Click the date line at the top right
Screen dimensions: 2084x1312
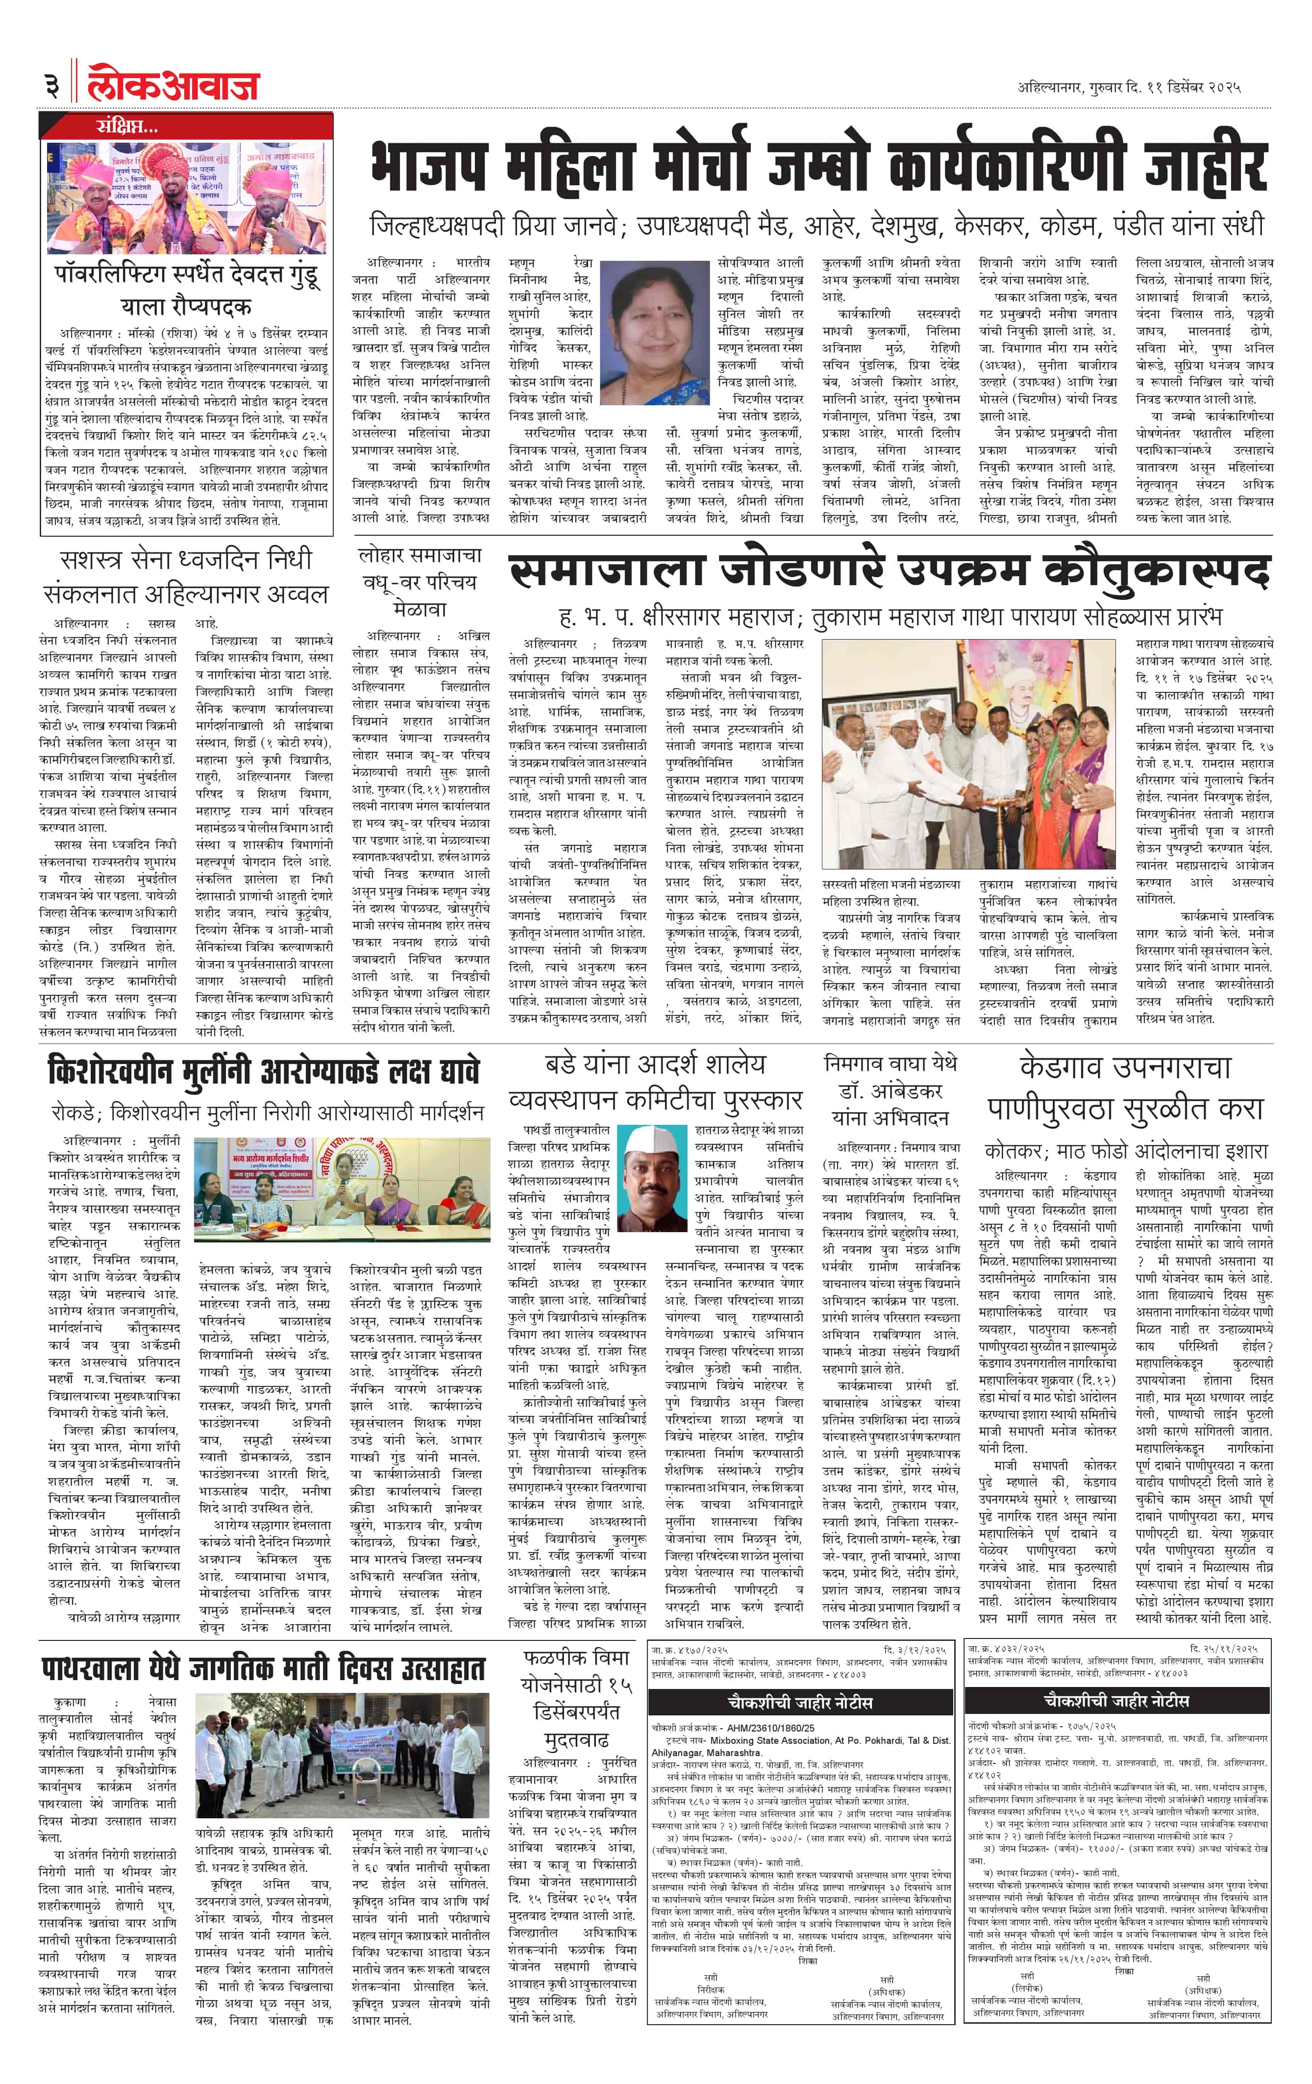pyautogui.click(x=1129, y=87)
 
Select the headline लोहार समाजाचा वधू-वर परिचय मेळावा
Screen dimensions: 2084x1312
pyautogui.click(x=420, y=582)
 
